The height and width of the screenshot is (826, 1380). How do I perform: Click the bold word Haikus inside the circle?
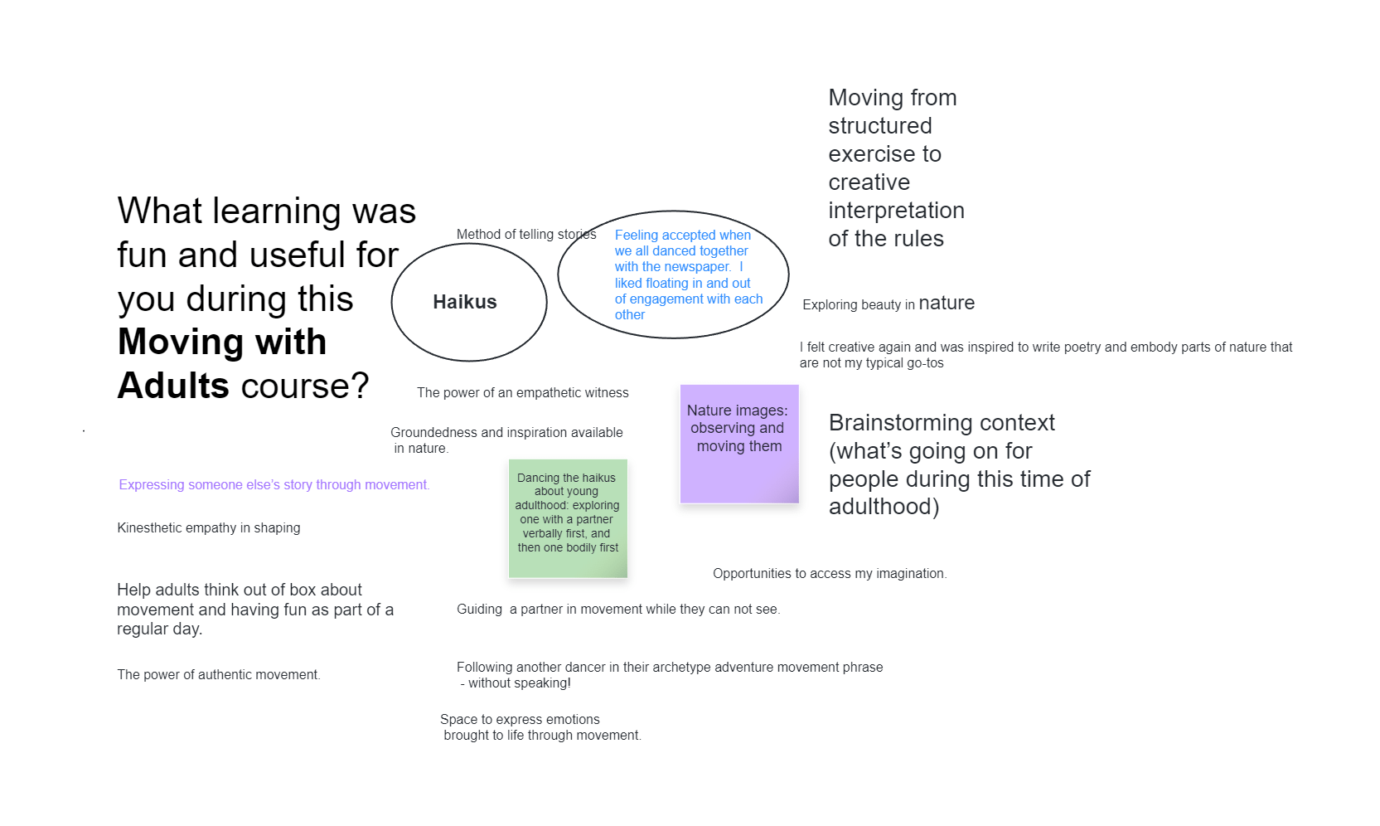(x=464, y=302)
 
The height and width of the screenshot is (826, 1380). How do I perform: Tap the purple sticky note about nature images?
(x=739, y=444)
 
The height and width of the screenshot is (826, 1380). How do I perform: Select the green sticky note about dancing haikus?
(x=568, y=518)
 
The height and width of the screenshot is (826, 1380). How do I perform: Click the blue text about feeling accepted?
(x=688, y=275)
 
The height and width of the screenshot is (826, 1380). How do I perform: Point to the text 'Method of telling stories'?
(x=526, y=234)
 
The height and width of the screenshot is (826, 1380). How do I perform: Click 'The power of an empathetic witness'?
(x=522, y=392)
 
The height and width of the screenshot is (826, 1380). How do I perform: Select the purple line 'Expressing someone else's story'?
(x=274, y=484)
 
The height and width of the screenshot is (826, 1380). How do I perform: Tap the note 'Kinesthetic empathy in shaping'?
(x=208, y=527)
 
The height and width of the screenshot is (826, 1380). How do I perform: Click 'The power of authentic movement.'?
(x=219, y=674)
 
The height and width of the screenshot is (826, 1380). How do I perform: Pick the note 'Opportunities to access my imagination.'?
(x=830, y=573)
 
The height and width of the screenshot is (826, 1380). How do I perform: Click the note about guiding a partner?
(x=618, y=609)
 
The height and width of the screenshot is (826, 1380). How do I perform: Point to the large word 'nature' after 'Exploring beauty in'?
(x=947, y=303)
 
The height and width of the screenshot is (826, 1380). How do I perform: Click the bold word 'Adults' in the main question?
(x=173, y=386)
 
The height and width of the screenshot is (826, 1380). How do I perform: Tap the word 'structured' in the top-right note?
(x=879, y=126)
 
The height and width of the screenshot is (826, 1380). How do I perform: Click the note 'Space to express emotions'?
(x=540, y=727)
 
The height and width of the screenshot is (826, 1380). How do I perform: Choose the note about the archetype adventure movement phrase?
(x=670, y=675)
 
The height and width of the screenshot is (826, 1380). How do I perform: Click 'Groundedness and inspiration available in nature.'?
(x=506, y=440)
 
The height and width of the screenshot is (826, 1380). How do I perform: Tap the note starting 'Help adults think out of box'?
(x=255, y=609)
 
